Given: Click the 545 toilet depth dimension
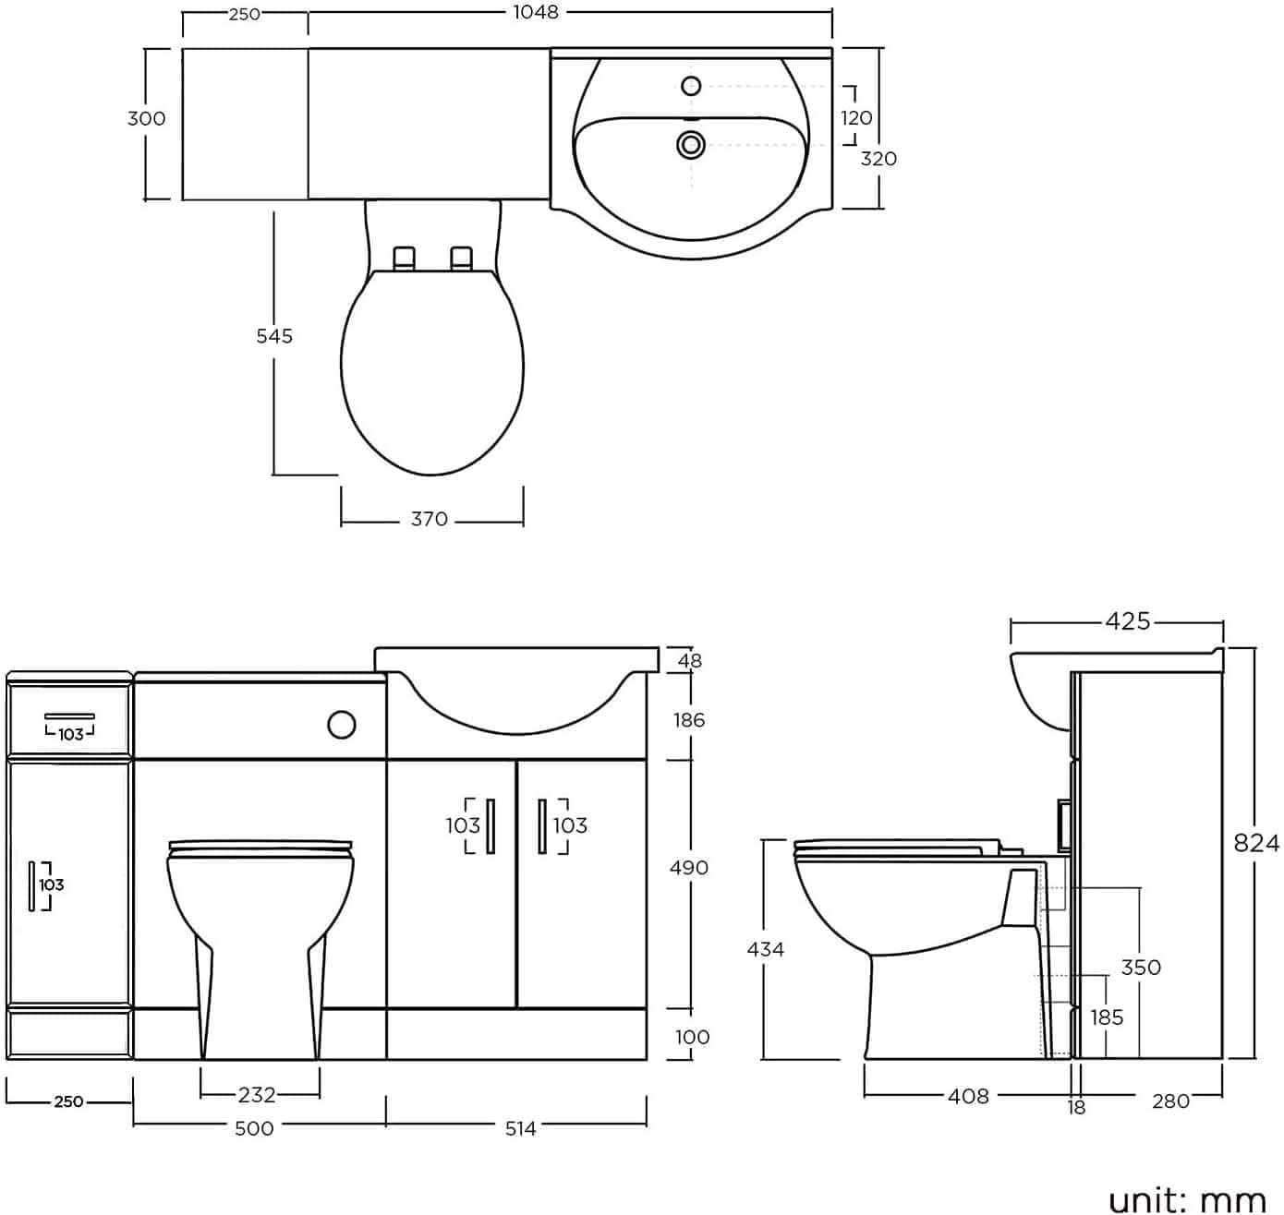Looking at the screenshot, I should pyautogui.click(x=274, y=336).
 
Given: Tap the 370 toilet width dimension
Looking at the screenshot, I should pyautogui.click(x=430, y=520).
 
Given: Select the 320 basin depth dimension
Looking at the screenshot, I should pyautogui.click(x=878, y=159).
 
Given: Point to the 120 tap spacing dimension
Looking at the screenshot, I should pyautogui.click(x=856, y=118).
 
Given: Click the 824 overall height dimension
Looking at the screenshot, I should pyautogui.click(x=1257, y=843).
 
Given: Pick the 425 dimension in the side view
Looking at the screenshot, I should pyautogui.click(x=1128, y=621).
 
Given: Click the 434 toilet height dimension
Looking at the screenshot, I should pyautogui.click(x=765, y=948).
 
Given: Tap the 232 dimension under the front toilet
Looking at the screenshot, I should pyautogui.click(x=257, y=1095).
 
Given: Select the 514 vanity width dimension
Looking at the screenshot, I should pyautogui.click(x=520, y=1128).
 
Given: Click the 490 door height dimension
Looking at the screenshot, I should pyautogui.click(x=689, y=868).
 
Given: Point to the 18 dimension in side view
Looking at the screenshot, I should pyautogui.click(x=1076, y=1107).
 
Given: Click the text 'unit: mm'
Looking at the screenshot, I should pyautogui.click(x=1187, y=1198).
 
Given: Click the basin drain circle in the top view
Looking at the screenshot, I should pyautogui.click(x=691, y=144).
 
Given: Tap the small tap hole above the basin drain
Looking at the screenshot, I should pyautogui.click(x=691, y=87).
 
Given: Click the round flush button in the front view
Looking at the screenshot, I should pyautogui.click(x=341, y=725).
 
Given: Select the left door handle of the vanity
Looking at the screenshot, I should pyautogui.click(x=491, y=825).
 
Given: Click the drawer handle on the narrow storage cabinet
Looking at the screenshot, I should pyautogui.click(x=70, y=716).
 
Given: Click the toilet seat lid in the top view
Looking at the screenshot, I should pyautogui.click(x=431, y=369).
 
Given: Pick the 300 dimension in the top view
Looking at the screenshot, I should pyautogui.click(x=147, y=118).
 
